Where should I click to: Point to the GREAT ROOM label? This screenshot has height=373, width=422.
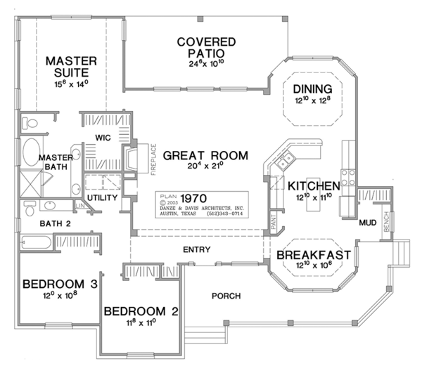205,155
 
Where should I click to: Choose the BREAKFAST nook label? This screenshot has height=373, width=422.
314,256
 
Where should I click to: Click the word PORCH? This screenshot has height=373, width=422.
226,295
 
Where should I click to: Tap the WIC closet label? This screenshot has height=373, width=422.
104,138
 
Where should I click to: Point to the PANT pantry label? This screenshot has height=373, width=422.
274,223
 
